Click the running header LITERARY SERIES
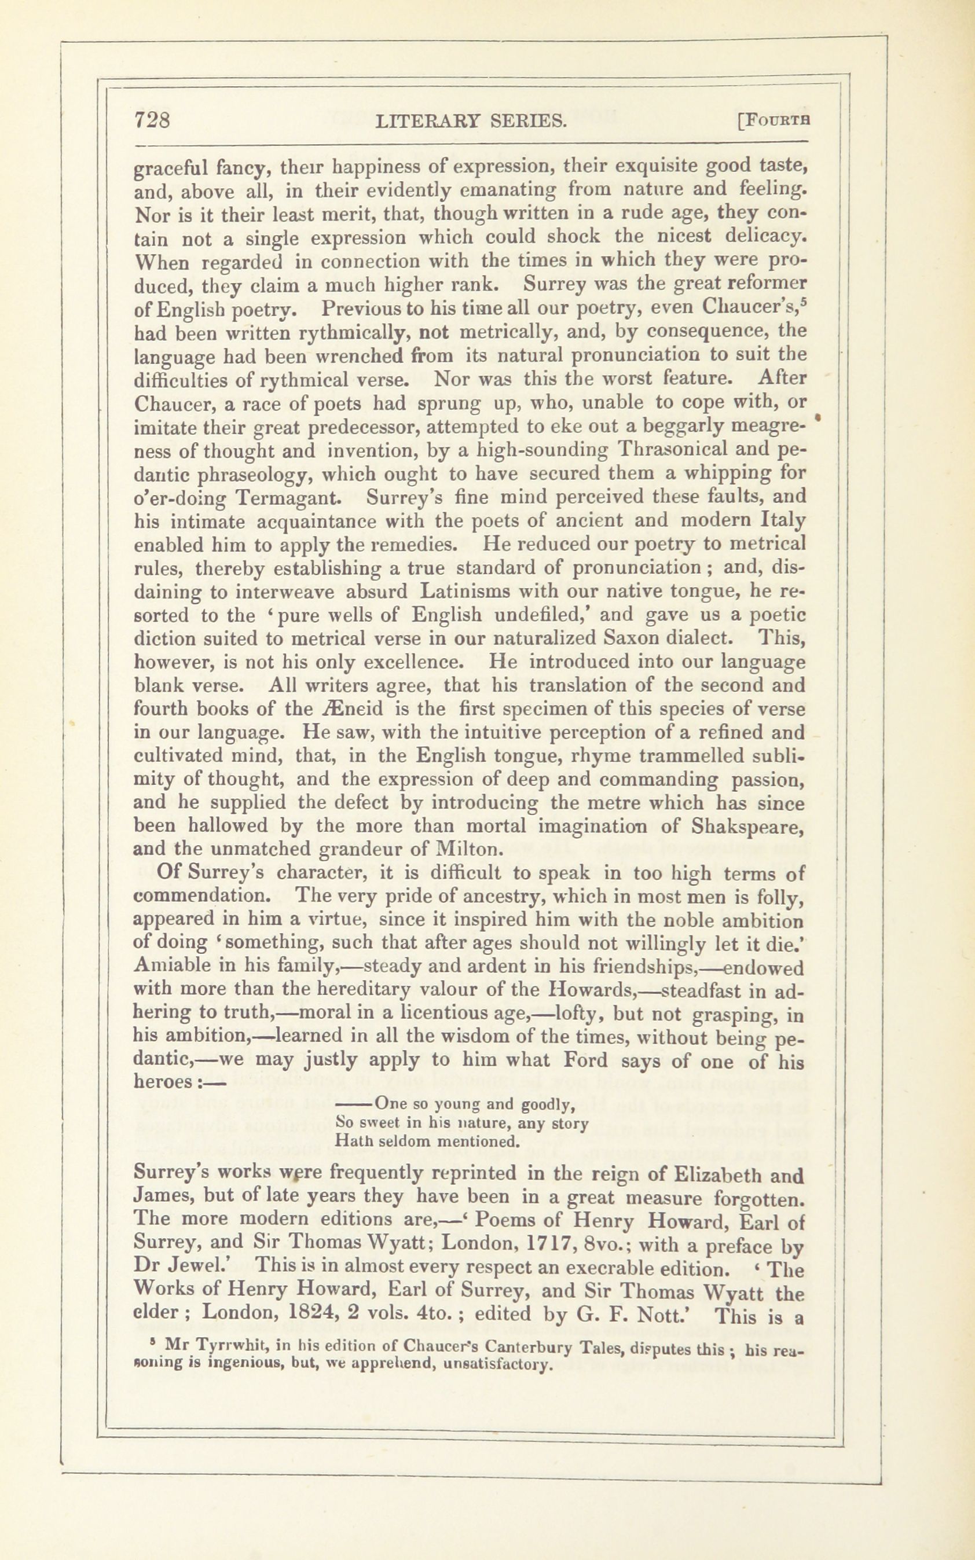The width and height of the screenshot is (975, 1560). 471,121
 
